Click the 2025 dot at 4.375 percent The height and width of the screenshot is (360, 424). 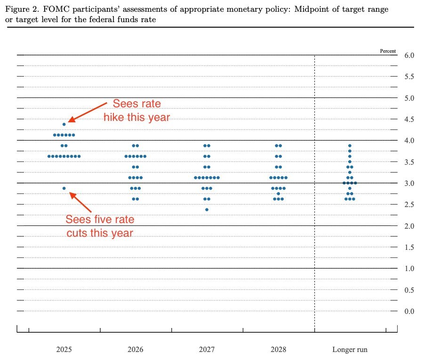click(x=64, y=124)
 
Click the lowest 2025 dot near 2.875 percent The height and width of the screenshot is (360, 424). click(x=64, y=188)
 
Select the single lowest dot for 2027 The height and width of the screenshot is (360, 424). click(x=207, y=209)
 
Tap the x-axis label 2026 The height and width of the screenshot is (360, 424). click(x=135, y=350)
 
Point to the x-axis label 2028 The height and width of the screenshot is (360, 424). click(x=278, y=350)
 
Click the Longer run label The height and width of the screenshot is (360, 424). click(x=350, y=350)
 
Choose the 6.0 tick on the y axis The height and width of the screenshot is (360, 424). click(x=409, y=56)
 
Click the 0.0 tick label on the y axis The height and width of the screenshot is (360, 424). click(x=409, y=311)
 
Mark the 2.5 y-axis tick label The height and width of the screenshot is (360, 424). click(x=409, y=205)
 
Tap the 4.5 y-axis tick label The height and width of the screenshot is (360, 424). click(x=409, y=120)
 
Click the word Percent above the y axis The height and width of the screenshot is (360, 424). click(x=388, y=51)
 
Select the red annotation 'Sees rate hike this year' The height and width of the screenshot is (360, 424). click(x=136, y=111)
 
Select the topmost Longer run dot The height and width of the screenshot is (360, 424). click(x=350, y=145)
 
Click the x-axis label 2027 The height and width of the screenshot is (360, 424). click(x=207, y=350)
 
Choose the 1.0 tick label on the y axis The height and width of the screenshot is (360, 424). click(x=409, y=269)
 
